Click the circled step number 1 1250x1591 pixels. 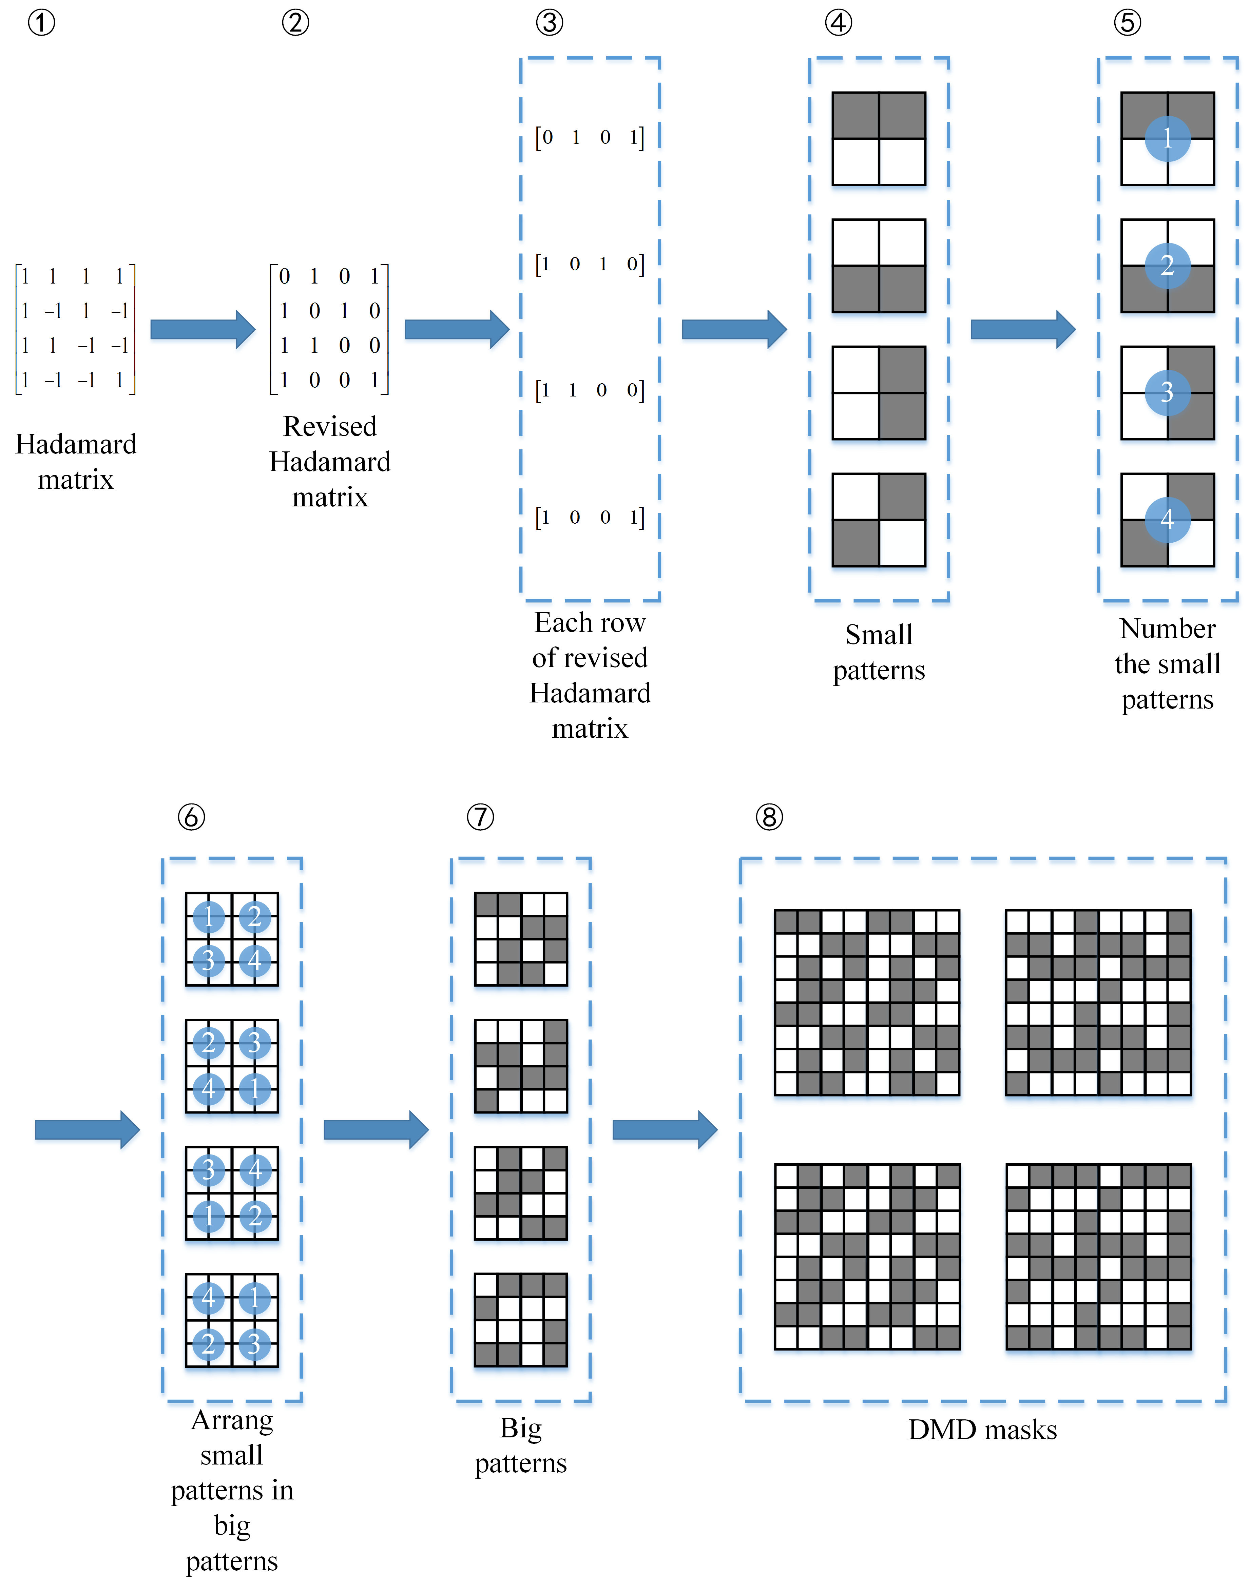(x=41, y=23)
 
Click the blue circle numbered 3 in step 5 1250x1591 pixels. (x=1167, y=392)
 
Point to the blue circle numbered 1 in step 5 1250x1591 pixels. (x=1167, y=138)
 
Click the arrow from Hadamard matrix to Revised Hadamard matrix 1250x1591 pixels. (x=203, y=329)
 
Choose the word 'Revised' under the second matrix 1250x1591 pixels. (x=330, y=426)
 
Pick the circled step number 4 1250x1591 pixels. (x=839, y=23)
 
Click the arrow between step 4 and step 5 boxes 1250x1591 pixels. (x=1022, y=329)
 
